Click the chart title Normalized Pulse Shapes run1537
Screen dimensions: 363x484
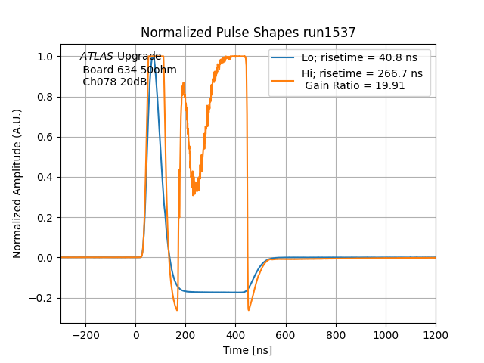point(248,33)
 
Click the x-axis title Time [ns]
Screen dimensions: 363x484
point(247,350)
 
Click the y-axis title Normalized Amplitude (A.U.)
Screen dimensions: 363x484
point(17,184)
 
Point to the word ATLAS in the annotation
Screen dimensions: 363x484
point(97,57)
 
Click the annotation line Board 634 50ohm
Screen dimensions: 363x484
point(129,70)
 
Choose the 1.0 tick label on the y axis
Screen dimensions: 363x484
point(46,57)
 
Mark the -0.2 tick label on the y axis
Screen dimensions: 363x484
point(43,298)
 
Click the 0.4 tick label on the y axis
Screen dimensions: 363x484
point(46,178)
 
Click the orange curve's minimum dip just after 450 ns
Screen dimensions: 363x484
point(249,310)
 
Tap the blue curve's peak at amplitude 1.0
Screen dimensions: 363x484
point(153,57)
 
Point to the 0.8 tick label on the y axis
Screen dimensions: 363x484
point(46,97)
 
